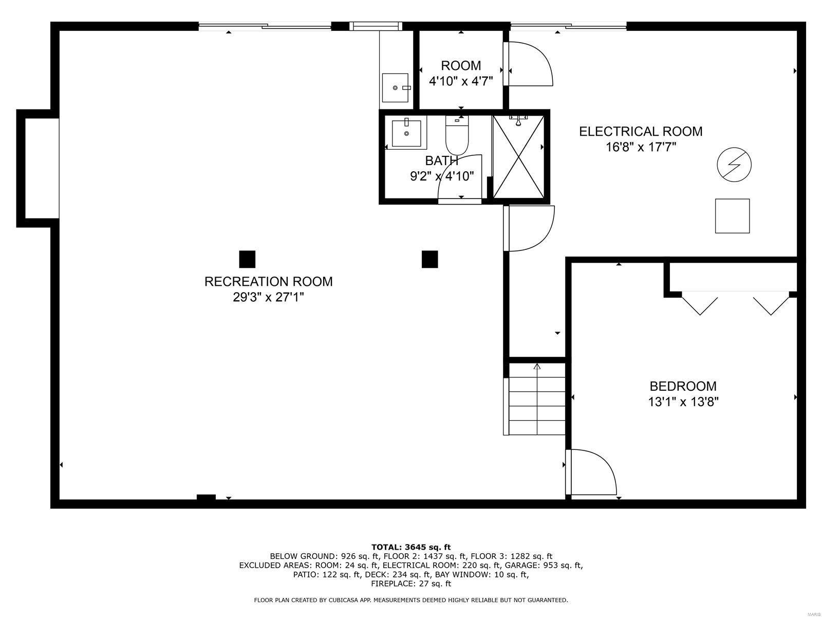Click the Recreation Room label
(268, 281)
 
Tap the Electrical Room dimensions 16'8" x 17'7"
(641, 147)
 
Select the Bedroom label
(683, 386)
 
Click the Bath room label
(441, 161)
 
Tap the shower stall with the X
(518, 156)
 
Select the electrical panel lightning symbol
(734, 165)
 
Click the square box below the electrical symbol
(732, 216)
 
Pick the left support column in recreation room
(247, 259)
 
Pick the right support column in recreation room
(429, 259)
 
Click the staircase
(537, 398)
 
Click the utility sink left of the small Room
(396, 88)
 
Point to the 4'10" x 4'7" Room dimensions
(461, 81)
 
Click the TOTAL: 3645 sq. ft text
(410, 547)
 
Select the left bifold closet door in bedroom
(699, 302)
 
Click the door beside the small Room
(529, 64)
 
